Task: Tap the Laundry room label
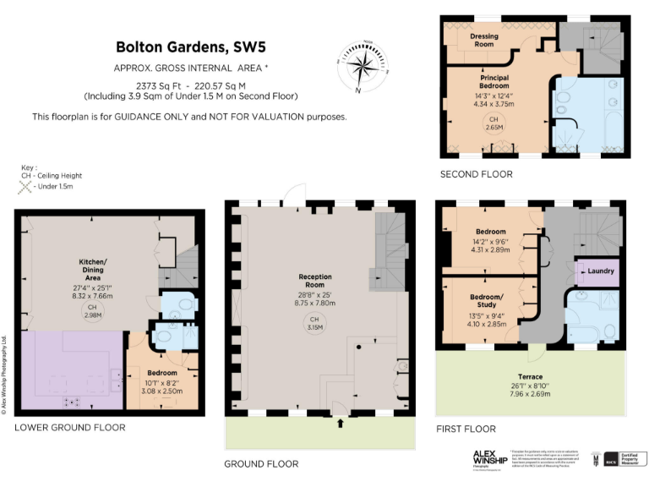(599, 271)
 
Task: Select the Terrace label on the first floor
(532, 375)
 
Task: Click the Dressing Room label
(484, 40)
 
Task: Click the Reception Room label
(315, 282)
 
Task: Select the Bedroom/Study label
(486, 302)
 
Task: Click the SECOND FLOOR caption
(476, 174)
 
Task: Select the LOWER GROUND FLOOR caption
(69, 428)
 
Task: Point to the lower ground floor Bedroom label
(161, 373)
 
